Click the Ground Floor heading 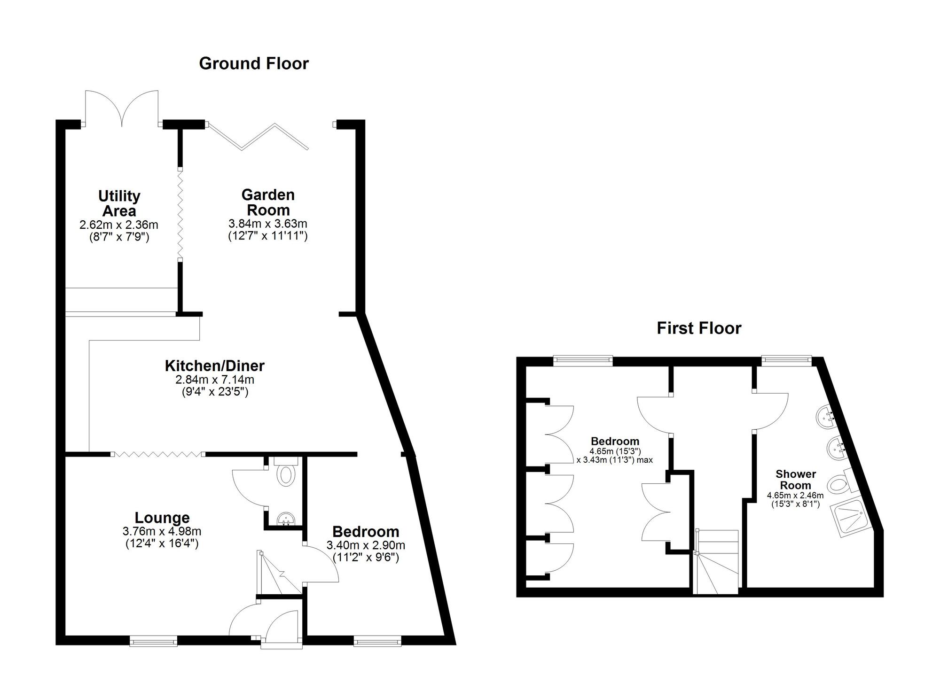click(x=254, y=63)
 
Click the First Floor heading click(x=699, y=328)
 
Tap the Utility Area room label click(x=119, y=203)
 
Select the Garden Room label click(x=268, y=202)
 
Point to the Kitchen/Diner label click(x=214, y=365)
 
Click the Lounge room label click(x=162, y=518)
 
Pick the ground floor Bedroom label click(x=366, y=532)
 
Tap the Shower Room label click(x=796, y=480)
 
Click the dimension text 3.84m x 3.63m click(x=268, y=224)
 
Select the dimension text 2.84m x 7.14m click(x=214, y=380)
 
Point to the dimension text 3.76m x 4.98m click(x=162, y=532)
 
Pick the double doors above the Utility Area click(x=122, y=108)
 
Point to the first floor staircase click(x=717, y=561)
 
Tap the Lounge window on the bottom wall click(x=154, y=641)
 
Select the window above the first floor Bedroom click(x=583, y=361)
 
